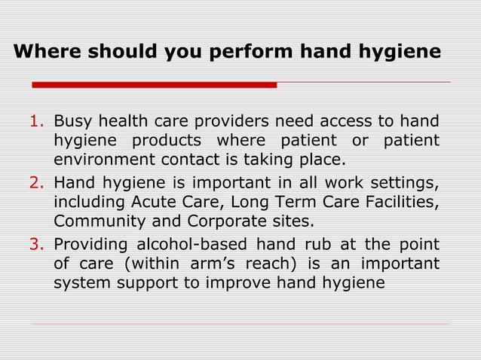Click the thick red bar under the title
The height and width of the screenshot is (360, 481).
[154, 84]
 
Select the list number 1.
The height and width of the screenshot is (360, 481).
[36, 121]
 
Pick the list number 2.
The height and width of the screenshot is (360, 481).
[36, 182]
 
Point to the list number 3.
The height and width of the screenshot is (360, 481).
[36, 243]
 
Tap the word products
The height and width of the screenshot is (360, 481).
[167, 141]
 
